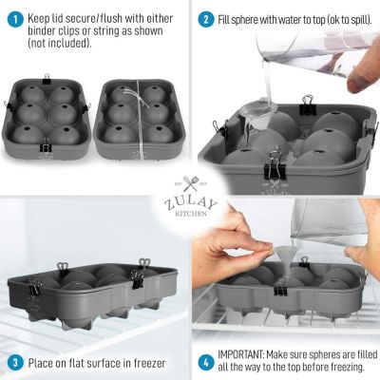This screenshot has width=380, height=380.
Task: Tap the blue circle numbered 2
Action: [x=206, y=20]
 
